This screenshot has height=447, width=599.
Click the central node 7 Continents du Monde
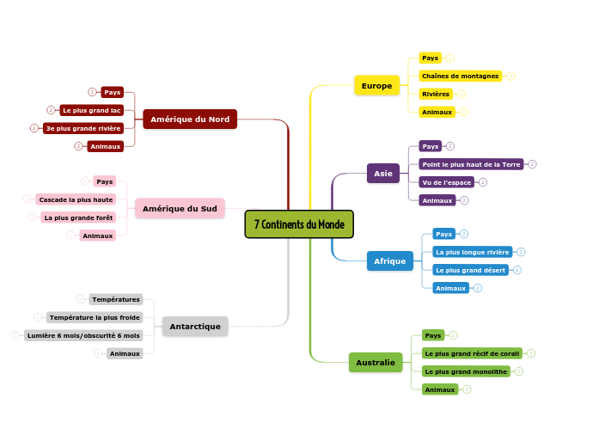[299, 224]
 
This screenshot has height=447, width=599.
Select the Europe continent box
[376, 85]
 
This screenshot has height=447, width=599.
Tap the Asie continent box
[382, 174]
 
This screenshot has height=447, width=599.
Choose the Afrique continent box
[389, 261]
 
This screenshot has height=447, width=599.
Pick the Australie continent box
[376, 363]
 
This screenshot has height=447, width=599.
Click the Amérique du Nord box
[190, 119]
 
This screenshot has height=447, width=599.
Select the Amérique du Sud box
[180, 208]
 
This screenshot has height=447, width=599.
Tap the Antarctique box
[195, 327]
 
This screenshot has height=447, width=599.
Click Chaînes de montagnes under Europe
[461, 76]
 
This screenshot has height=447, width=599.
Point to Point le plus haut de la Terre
[471, 164]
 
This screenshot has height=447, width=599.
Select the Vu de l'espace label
[447, 182]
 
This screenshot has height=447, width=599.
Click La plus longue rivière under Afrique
[472, 253]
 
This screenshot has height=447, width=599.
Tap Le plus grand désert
[471, 270]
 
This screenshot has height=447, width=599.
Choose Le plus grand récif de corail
[472, 353]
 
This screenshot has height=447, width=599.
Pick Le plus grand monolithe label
[466, 371]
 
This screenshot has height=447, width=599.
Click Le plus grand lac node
[91, 110]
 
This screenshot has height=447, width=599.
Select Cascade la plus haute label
[76, 199]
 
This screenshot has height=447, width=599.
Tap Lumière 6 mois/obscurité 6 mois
[83, 335]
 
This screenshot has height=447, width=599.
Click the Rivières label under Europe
[436, 94]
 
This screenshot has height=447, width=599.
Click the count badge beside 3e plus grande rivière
[34, 128]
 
